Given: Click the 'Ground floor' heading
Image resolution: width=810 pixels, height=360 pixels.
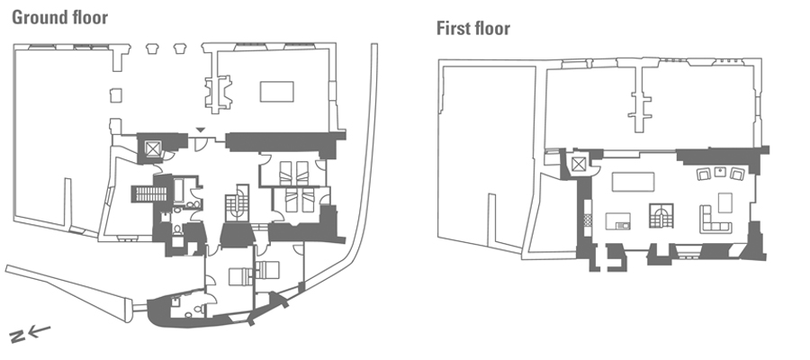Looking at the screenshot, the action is [60, 18].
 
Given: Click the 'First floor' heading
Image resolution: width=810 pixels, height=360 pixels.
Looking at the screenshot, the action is [473, 29].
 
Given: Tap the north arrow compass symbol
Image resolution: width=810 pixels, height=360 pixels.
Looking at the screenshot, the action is [30, 333].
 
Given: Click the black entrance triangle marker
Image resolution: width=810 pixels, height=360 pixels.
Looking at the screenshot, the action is [201, 130].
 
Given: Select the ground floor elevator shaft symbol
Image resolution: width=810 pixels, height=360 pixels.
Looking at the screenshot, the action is [153, 148].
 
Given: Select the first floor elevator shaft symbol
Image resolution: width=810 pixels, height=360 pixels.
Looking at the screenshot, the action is [579, 166].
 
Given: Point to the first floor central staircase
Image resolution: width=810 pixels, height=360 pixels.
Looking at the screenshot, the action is [661, 216].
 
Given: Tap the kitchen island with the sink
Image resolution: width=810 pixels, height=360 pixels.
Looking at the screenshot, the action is [617, 221].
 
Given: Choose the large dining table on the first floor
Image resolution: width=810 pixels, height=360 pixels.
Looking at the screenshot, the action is [633, 182].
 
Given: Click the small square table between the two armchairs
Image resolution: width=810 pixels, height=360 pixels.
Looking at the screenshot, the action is [720, 172].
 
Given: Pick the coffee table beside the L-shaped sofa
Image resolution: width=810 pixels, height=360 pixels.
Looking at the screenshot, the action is [725, 203].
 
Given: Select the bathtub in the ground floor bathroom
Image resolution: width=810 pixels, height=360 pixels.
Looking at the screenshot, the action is [180, 190].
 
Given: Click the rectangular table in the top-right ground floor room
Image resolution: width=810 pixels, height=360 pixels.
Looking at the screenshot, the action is [277, 92].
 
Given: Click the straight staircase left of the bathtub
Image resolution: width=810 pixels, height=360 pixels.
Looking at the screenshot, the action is [150, 194].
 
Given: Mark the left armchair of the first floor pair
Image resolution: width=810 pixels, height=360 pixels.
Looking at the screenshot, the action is [704, 175].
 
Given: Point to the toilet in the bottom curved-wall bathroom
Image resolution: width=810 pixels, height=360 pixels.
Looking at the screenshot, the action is [189, 314].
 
